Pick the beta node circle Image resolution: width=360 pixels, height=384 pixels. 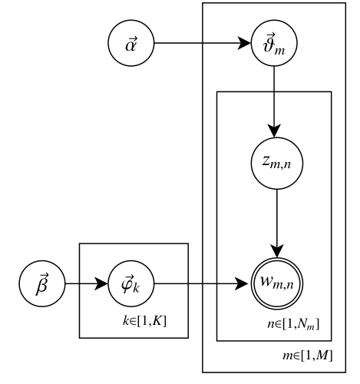point(42,283)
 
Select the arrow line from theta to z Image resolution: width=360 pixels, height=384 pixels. point(274,100)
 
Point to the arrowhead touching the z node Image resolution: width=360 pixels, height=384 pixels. point(274,134)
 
